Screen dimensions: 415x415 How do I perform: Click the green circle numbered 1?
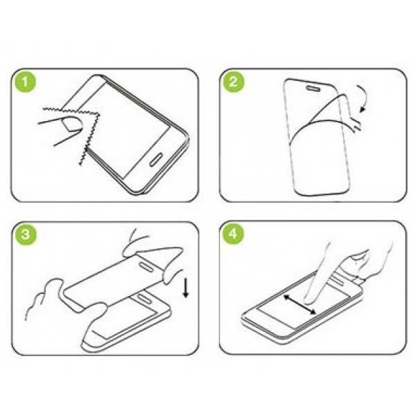(x=25, y=82)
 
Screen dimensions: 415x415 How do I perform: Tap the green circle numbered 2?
(x=233, y=82)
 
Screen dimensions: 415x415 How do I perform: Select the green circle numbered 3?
(x=26, y=234)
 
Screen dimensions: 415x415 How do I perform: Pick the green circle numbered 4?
(x=233, y=234)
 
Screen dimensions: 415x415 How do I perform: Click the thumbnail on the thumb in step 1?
(x=72, y=124)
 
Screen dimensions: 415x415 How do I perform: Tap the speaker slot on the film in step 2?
(x=315, y=88)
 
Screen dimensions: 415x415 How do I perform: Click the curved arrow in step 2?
(x=365, y=98)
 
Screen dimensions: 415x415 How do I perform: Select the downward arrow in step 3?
(x=186, y=288)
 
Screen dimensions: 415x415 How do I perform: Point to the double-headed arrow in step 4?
(x=300, y=305)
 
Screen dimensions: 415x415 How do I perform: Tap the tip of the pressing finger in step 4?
(x=308, y=301)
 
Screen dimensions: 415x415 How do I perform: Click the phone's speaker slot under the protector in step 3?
(x=144, y=298)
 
